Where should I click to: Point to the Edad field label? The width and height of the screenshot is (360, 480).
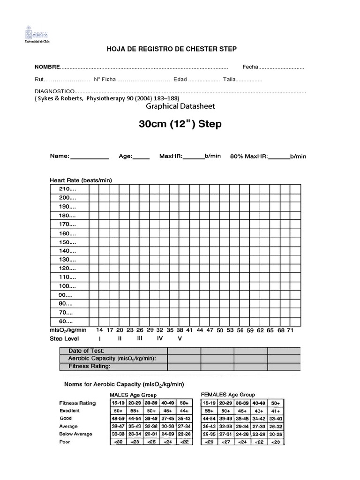coord(180,80)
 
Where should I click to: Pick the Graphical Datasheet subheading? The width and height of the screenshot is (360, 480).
coord(180,106)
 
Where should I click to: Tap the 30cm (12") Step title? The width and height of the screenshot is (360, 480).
coord(180,125)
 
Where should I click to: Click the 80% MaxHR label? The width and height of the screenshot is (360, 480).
coord(248,157)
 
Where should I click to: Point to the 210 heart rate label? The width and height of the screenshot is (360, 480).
coord(67,188)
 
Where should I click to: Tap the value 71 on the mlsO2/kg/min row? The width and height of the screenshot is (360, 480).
coord(290,330)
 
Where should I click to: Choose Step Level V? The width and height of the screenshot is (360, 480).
coord(179,338)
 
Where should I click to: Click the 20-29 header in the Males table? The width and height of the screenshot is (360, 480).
coord(135,403)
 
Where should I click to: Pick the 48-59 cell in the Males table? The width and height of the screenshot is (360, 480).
coord(117,419)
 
